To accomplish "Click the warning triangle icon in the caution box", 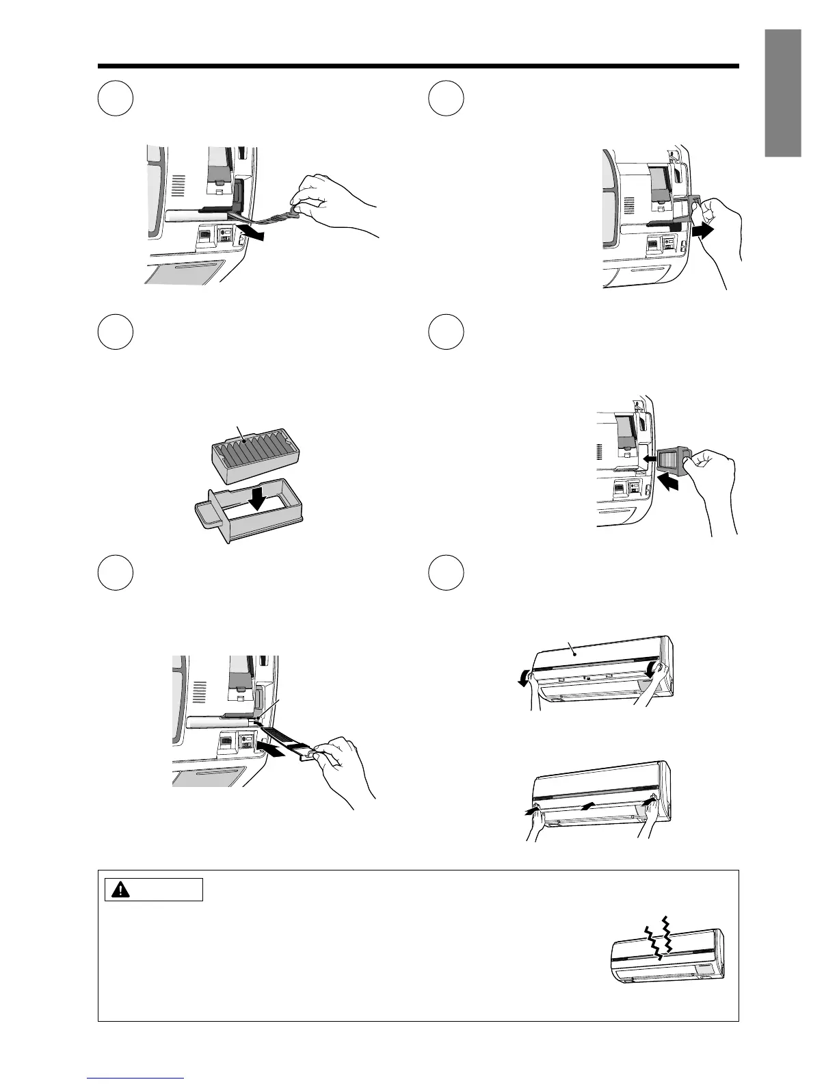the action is point(121,890).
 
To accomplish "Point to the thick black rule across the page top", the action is point(418,66).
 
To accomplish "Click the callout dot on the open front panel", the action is point(576,654).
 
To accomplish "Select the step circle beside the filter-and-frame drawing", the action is point(115,332).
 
